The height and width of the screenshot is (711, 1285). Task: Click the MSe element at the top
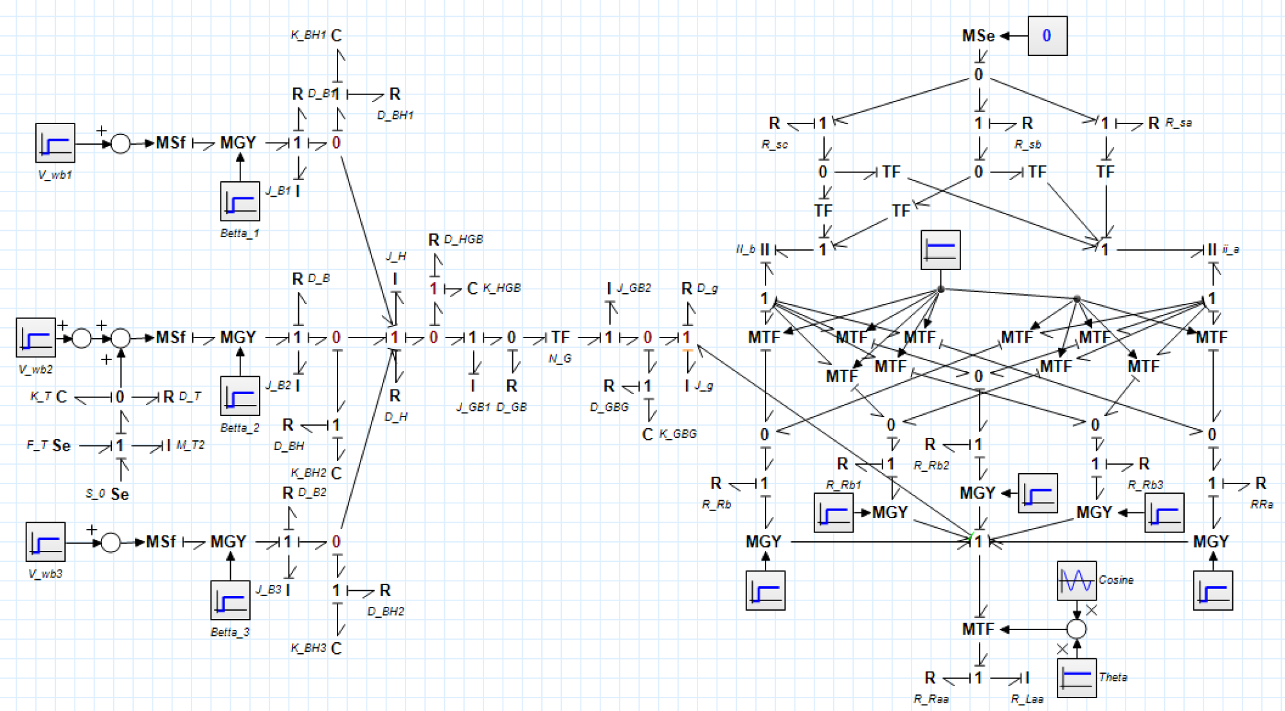[978, 36]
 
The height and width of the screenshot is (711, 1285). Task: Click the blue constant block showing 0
[1047, 36]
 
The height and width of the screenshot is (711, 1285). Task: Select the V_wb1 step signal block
[55, 143]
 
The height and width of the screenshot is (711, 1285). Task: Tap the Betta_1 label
[239, 233]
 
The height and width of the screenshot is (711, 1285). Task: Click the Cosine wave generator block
[1077, 580]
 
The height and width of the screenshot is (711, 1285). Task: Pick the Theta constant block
[1077, 678]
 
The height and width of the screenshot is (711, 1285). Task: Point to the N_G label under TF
[560, 359]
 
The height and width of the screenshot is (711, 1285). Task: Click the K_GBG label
[678, 434]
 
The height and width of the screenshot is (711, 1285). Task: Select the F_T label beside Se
[37, 445]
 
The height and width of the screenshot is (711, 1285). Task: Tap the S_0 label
[95, 494]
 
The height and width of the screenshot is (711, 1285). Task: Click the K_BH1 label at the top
[309, 35]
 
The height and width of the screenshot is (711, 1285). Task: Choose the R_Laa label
[1027, 699]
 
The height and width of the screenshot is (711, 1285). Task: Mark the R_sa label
[1178, 123]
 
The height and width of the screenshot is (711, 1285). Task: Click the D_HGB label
[463, 239]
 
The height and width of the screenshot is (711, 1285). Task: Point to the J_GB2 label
[634, 288]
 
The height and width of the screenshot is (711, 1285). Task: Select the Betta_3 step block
[230, 600]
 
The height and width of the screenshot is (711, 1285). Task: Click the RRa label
[1262, 505]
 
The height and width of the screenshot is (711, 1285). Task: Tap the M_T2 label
[190, 445]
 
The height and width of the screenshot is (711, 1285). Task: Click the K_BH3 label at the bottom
[309, 648]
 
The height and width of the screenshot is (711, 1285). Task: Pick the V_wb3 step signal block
[46, 542]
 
